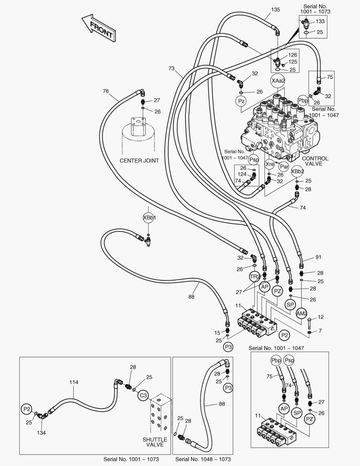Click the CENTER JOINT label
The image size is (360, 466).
(x=139, y=161)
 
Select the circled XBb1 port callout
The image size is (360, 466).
(x=149, y=218)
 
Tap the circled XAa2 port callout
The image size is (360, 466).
(x=278, y=81)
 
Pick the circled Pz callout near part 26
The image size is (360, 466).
(x=241, y=101)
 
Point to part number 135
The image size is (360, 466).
(x=275, y=9)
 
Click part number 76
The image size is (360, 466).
(x=106, y=91)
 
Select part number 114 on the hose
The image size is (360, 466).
(x=74, y=382)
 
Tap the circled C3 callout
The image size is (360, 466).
(x=143, y=394)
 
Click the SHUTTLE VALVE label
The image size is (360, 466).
(x=154, y=442)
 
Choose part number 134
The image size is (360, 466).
(x=41, y=432)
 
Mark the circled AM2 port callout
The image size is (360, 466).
(x=302, y=313)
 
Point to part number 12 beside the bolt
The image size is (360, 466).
(x=320, y=317)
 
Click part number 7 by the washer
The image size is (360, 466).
(x=320, y=331)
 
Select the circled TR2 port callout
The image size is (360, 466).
(x=255, y=277)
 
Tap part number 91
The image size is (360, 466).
(x=319, y=258)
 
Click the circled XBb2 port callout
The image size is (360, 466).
(x=297, y=171)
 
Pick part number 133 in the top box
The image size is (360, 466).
(x=320, y=21)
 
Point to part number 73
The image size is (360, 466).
(x=172, y=68)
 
